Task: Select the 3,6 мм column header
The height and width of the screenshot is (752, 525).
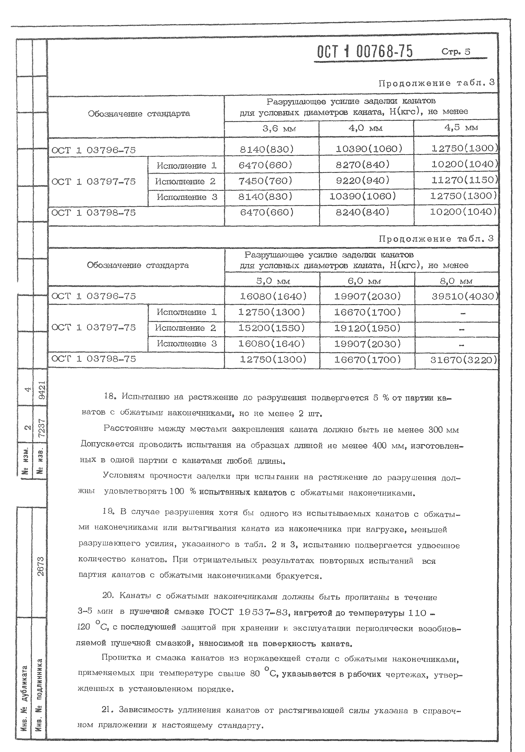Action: (271, 129)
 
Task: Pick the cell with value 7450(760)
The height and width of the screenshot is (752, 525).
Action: (266, 181)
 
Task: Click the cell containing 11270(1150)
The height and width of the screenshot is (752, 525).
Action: (464, 180)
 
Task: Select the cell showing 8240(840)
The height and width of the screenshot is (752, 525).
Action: (363, 212)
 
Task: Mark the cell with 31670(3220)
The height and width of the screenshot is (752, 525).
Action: (463, 360)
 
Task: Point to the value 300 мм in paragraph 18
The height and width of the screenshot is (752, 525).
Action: (443, 430)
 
